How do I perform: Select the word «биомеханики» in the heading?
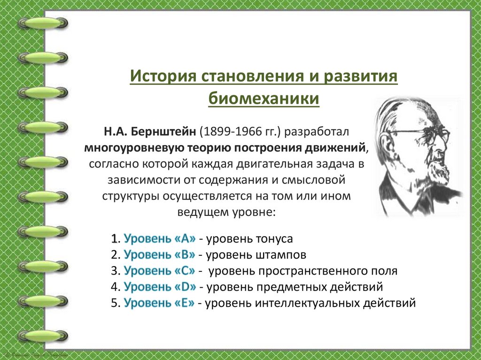click(x=264, y=100)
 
